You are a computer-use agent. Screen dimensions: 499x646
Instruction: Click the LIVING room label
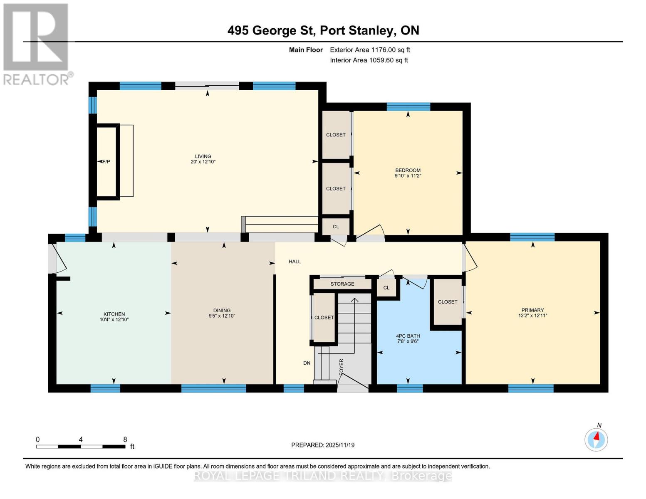coord(203,156)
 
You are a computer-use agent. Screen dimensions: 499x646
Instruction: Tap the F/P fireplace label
coord(106,161)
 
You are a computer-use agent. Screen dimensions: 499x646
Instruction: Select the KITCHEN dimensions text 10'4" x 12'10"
coord(114,320)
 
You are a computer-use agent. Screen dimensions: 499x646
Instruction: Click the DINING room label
coord(222,310)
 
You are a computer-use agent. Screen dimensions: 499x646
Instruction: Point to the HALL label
coord(295,262)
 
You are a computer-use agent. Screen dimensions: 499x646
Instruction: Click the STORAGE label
coord(342,284)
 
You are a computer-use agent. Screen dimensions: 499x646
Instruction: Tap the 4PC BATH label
coord(408,336)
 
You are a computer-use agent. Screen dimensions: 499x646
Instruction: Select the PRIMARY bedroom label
coord(532,310)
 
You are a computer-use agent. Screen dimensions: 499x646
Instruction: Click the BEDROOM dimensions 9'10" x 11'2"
coord(408,176)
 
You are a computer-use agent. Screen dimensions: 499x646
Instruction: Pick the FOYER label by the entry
coord(342,367)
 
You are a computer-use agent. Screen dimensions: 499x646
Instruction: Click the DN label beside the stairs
coord(307,363)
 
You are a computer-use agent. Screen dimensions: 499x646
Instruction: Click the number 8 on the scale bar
coord(125,440)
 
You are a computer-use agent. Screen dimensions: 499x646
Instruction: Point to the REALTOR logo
coord(36,44)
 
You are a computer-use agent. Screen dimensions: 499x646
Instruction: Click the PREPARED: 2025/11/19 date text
coord(323,445)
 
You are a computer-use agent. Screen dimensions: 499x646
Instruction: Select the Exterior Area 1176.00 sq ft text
coord(370,50)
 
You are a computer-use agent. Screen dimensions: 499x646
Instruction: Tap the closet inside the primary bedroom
coord(448,302)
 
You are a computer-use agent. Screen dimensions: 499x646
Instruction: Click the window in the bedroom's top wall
coord(408,106)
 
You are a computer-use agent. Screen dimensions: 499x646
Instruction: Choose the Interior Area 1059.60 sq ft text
coord(369,60)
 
